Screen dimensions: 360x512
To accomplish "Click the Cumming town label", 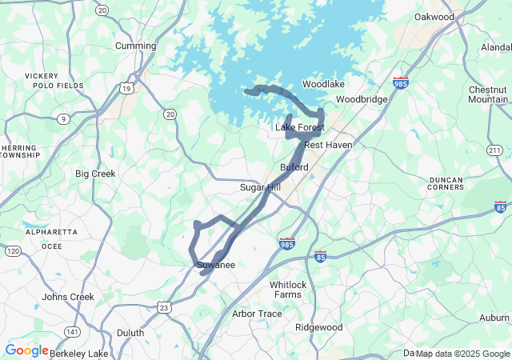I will tap(136, 46).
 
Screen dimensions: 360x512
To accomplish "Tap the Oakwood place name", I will tap(434, 17).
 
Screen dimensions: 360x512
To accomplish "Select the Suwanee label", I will tap(215, 265).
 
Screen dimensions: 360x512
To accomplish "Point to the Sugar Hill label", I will tap(261, 187).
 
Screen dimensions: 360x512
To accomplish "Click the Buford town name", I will tap(294, 167).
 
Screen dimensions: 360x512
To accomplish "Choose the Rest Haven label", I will tap(328, 145).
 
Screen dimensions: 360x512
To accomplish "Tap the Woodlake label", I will tap(323, 84).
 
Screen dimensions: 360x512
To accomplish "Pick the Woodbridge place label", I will tap(362, 99).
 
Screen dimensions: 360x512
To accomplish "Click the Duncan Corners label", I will tap(446, 182).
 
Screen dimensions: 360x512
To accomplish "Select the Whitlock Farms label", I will tap(288, 290).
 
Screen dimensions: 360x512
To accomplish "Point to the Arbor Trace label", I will tap(257, 314).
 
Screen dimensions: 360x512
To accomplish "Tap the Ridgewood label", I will tap(318, 327).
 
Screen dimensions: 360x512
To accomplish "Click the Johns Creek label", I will tap(68, 297).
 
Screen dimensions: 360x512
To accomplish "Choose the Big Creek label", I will tap(95, 174).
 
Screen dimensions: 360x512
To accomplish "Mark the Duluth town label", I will tap(130, 333).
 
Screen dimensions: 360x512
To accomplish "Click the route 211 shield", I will tap(494, 150).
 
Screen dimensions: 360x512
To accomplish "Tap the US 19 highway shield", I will tap(127, 88).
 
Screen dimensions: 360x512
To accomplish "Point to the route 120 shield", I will tap(13, 251).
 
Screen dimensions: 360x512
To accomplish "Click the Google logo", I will tap(26, 350).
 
